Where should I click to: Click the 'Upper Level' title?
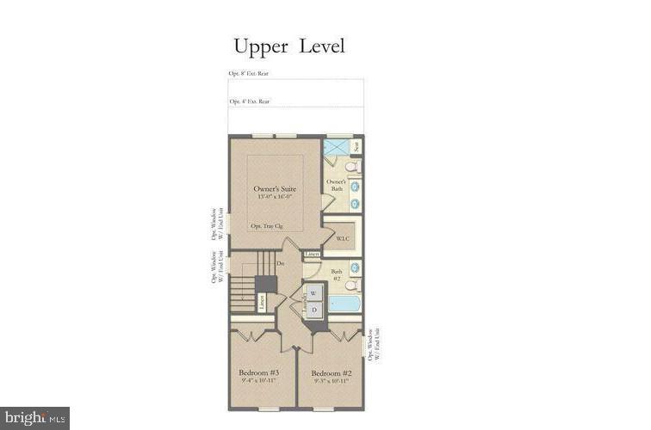click(288, 46)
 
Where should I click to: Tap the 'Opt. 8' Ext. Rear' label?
click(249, 74)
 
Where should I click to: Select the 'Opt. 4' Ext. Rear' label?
click(249, 101)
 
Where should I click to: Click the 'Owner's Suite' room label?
click(276, 188)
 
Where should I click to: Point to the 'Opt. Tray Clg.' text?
click(267, 226)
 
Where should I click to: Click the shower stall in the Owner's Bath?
click(336, 147)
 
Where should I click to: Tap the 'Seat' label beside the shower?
click(356, 147)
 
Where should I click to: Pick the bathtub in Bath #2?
click(345, 304)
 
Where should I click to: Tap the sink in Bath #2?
click(355, 268)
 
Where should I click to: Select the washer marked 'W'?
click(313, 293)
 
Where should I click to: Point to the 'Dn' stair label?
click(281, 263)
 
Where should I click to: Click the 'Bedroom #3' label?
click(259, 372)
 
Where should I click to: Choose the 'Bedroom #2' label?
click(331, 372)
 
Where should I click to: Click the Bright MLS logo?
click(34, 418)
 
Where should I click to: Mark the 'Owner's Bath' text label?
click(335, 185)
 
